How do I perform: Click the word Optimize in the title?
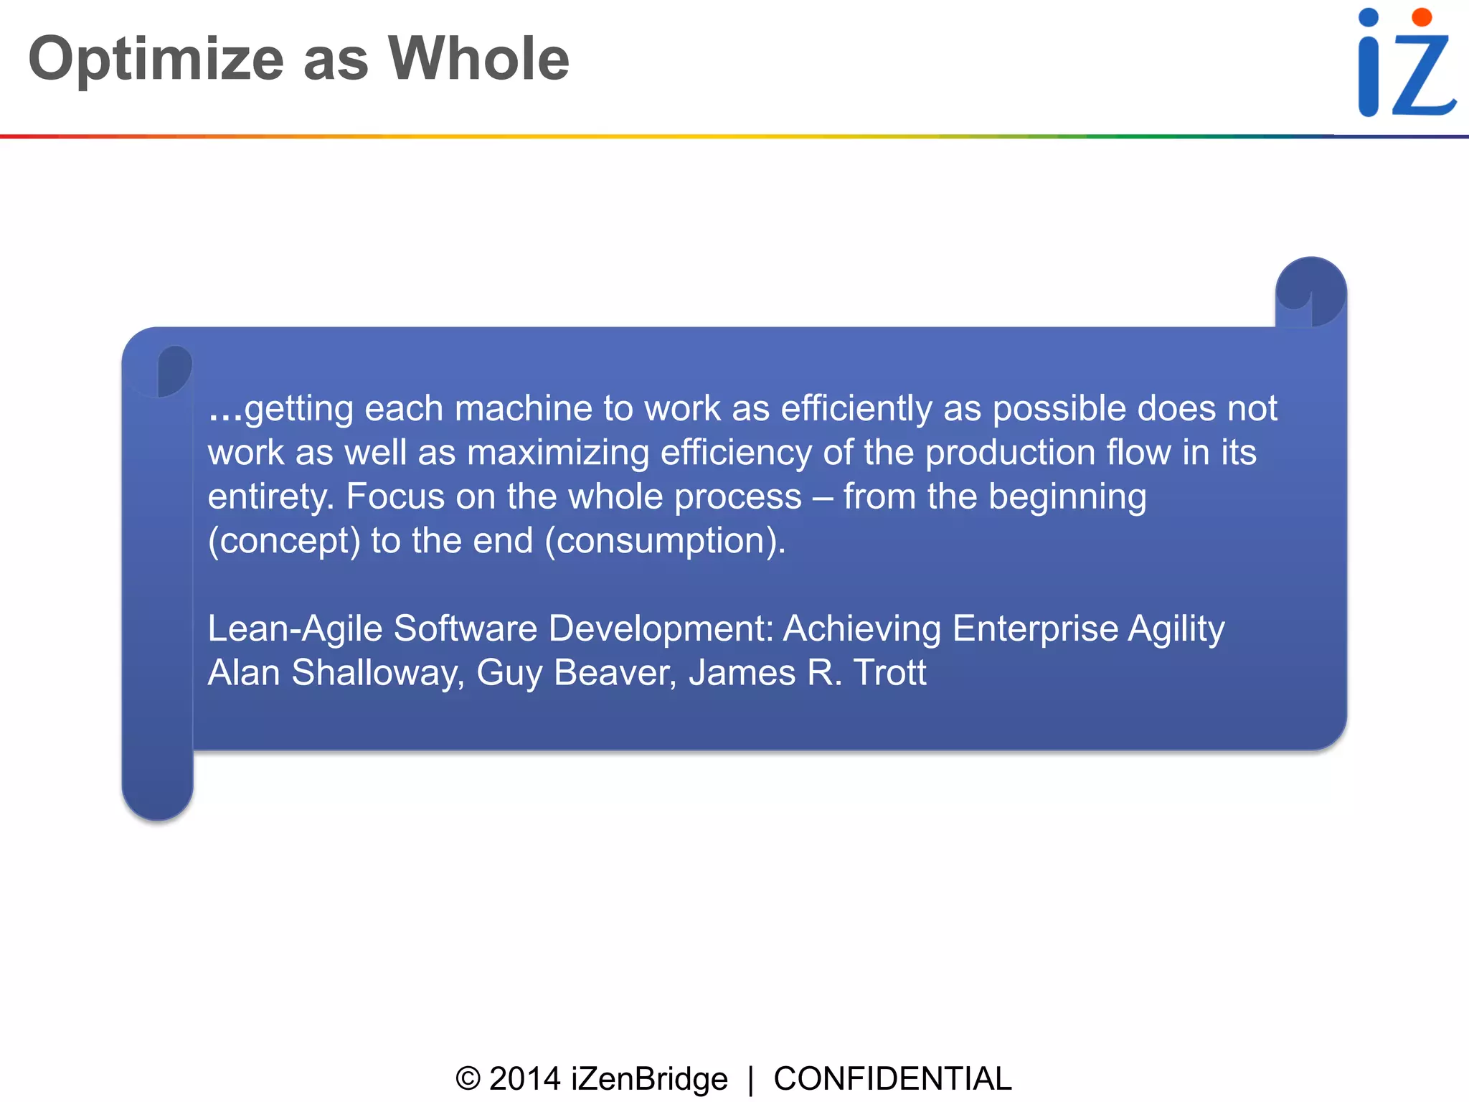pos(156,60)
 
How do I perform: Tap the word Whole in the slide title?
pos(478,59)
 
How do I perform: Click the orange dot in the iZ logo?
pos(1422,17)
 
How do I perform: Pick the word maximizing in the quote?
pos(557,453)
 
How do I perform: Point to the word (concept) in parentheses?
pos(284,541)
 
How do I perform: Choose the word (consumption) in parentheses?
pos(665,541)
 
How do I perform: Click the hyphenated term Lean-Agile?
pos(295,629)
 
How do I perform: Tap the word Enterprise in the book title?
pos(1034,628)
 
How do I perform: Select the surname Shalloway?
pos(378,673)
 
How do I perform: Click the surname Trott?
pos(890,673)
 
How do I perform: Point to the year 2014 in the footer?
pos(524,1079)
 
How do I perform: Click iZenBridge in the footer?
pos(649,1079)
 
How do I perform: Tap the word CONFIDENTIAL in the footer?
pos(892,1079)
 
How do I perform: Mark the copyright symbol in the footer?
pos(468,1079)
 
